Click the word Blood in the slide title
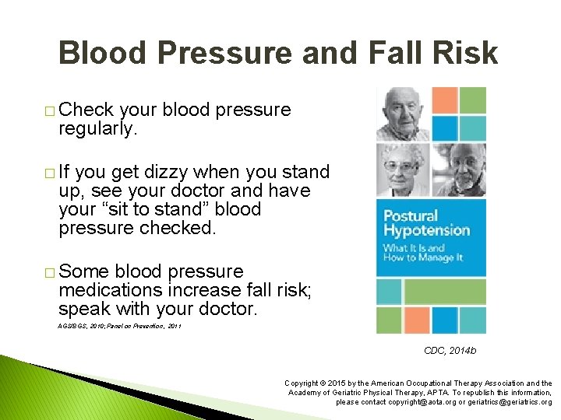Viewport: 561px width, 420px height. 108,53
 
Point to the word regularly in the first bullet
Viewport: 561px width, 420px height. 97,128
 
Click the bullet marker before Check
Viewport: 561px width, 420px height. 51,111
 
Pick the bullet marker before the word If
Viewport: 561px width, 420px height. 51,173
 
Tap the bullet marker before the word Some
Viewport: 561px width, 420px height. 51,273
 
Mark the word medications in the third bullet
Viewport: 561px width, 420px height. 110,290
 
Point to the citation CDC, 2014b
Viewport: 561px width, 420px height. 450,351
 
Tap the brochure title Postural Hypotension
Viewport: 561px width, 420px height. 425,222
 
